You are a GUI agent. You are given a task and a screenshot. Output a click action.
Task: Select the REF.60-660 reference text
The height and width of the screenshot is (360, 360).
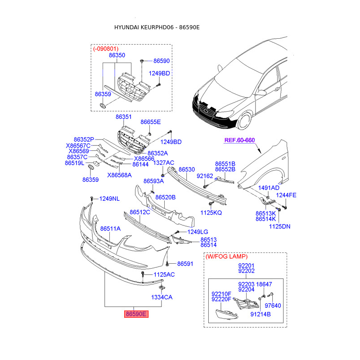pyautogui.click(x=239, y=140)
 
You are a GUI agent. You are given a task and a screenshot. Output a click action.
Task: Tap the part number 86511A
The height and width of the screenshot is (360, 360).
pyautogui.click(x=110, y=229)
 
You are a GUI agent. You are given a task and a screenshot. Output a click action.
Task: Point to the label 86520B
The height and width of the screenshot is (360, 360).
pyautogui.click(x=166, y=197)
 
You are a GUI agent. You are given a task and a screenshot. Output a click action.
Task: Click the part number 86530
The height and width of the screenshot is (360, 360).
pyautogui.click(x=187, y=169)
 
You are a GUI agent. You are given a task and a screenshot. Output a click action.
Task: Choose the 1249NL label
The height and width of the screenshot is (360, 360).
pyautogui.click(x=109, y=198)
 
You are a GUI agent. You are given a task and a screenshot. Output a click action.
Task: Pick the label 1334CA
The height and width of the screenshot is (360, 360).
pyautogui.click(x=162, y=297)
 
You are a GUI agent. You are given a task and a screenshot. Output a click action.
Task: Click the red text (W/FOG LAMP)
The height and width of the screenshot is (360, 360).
pyautogui.click(x=226, y=256)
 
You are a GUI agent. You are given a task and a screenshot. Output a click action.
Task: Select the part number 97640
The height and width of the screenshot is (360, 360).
pyautogui.click(x=272, y=306)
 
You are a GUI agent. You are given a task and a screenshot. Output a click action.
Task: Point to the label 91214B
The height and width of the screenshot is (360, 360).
pyautogui.click(x=260, y=315)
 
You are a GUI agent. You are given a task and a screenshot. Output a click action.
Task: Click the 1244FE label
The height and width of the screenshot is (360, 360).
pyautogui.click(x=286, y=195)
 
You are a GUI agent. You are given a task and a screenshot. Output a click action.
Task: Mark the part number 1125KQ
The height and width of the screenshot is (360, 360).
pyautogui.click(x=211, y=212)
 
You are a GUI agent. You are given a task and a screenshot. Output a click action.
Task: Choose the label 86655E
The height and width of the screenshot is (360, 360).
pyautogui.click(x=150, y=122)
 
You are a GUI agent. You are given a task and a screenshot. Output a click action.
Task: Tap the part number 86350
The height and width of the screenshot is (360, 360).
pyautogui.click(x=117, y=55)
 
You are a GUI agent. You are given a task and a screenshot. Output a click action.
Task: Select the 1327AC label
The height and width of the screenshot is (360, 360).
pyautogui.click(x=164, y=162)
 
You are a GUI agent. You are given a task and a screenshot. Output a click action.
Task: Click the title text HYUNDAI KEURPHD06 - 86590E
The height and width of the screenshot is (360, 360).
pyautogui.click(x=157, y=27)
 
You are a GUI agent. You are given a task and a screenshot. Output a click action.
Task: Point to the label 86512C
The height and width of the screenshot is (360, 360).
pyautogui.click(x=140, y=212)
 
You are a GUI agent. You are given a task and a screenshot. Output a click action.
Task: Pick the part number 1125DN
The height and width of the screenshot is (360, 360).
pyautogui.click(x=279, y=226)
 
